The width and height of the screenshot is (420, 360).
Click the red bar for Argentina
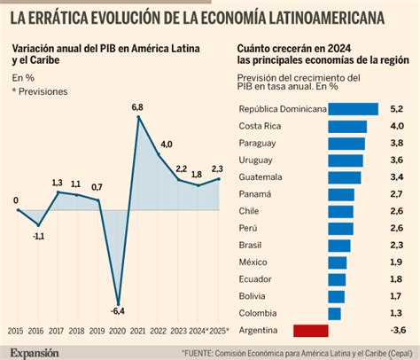[x=310, y=331]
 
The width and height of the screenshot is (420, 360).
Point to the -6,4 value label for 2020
[x=116, y=310]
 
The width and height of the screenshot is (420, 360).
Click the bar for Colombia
[x=334, y=313]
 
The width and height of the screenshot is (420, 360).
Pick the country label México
[x=255, y=262]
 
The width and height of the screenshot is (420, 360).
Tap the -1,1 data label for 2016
[x=38, y=236]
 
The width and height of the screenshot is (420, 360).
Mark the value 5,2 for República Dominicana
[x=398, y=109]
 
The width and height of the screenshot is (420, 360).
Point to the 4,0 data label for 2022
[x=166, y=145]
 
